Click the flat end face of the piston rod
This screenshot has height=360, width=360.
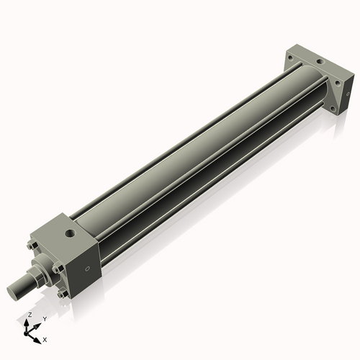coord(12,292)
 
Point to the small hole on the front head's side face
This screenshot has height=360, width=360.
coord(88,269)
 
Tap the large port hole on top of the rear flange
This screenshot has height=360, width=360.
coord(318,63)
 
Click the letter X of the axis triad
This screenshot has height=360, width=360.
coord(45,338)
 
